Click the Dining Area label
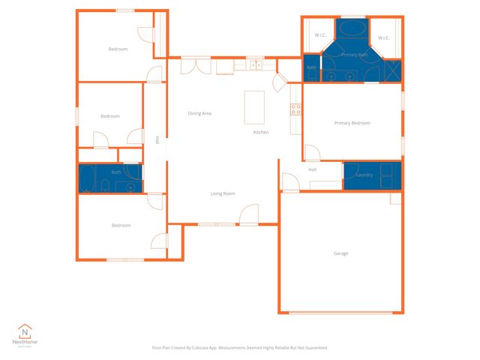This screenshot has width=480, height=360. tap(199, 113)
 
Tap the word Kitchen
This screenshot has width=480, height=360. tap(260, 132)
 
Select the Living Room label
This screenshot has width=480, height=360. tap(223, 193)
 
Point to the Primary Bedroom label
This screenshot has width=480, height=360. tap(352, 123)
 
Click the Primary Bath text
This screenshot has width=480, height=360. tap(353, 55)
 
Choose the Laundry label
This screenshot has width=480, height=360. tap(364, 175)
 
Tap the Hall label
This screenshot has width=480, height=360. tap(313, 169)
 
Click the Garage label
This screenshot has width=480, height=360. tap(340, 253)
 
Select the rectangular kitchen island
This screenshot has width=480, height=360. tap(255, 107)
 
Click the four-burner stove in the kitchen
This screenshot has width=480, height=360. tap(295, 109)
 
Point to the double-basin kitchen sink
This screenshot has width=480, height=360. tap(256, 65)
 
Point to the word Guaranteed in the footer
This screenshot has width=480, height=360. tap(313, 348)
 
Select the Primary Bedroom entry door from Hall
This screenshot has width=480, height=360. tap(312, 153)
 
